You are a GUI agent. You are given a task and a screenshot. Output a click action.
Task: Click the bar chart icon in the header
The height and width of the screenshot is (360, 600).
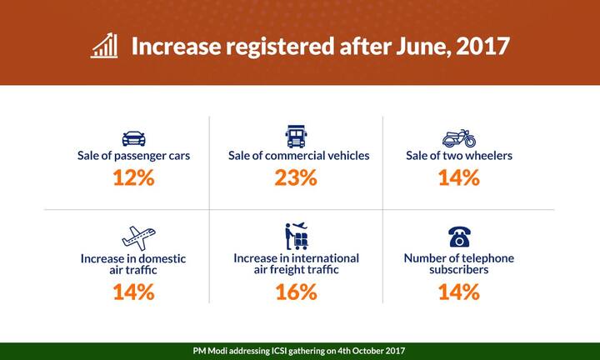[104, 46]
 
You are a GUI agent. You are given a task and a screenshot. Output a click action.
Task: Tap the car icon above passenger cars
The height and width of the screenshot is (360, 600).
[133, 137]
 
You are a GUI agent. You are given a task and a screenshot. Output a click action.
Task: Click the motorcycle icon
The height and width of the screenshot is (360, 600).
[458, 137]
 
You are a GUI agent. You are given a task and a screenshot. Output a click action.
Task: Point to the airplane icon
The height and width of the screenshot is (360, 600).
[134, 237]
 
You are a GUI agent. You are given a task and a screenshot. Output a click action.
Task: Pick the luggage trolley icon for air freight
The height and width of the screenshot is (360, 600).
[297, 236]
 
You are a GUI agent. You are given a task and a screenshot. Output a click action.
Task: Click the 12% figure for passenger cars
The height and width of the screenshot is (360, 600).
[133, 177]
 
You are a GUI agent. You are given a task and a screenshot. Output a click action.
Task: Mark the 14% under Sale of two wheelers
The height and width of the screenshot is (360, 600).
[458, 177]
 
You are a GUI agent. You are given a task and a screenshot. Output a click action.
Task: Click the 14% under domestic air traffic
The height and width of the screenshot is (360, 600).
[133, 292]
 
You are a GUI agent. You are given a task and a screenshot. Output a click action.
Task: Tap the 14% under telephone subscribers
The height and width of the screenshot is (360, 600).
[458, 292]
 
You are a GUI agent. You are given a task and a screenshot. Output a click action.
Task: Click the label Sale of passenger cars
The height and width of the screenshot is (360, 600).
[133, 156]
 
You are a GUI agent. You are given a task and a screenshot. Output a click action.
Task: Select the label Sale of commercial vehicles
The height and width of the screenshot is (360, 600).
[298, 156]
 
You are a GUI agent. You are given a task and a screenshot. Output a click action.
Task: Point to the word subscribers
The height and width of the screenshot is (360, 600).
[458, 270]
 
